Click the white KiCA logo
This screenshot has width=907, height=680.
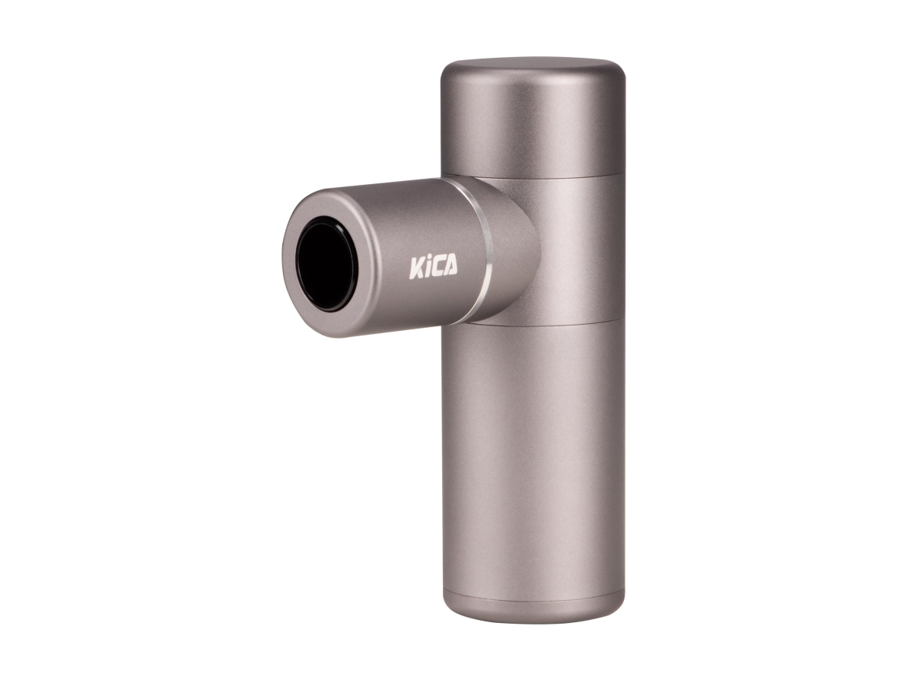434,268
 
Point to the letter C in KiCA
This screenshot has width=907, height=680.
438,268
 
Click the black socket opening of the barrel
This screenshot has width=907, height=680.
326,263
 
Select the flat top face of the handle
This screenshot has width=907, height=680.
533,64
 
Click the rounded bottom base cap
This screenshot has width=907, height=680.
533,607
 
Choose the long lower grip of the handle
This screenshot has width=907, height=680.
533,456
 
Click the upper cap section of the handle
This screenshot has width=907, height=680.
533,122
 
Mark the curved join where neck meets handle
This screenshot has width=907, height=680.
537,251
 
